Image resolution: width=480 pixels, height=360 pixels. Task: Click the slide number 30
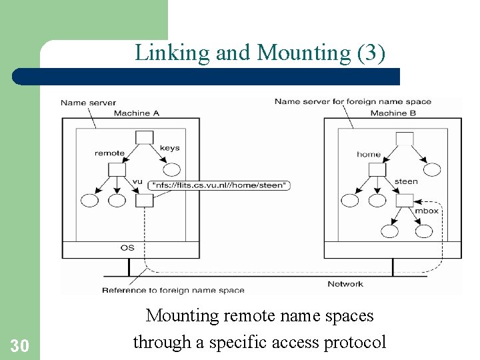point(19,345)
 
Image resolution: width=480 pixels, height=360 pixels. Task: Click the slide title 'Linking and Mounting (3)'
point(260,53)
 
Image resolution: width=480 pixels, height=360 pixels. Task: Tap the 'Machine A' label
point(137,113)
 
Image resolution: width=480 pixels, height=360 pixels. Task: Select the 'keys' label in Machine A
point(169,148)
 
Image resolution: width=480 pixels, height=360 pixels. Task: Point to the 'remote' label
point(109,153)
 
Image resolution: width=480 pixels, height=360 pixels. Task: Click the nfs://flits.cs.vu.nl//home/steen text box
point(221,185)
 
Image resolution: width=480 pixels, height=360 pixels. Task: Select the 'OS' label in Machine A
point(127,247)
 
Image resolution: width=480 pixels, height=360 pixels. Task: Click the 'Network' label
point(345,284)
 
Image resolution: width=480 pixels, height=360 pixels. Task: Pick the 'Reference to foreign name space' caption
point(173,290)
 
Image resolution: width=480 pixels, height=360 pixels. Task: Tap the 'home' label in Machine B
point(368,154)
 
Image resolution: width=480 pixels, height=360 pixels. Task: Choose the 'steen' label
point(406,181)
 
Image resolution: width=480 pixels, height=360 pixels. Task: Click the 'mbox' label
point(427,211)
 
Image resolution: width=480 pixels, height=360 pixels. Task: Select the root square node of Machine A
point(145,137)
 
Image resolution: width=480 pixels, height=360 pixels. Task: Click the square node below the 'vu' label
point(145,200)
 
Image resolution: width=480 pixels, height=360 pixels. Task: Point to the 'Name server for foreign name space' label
point(353,102)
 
